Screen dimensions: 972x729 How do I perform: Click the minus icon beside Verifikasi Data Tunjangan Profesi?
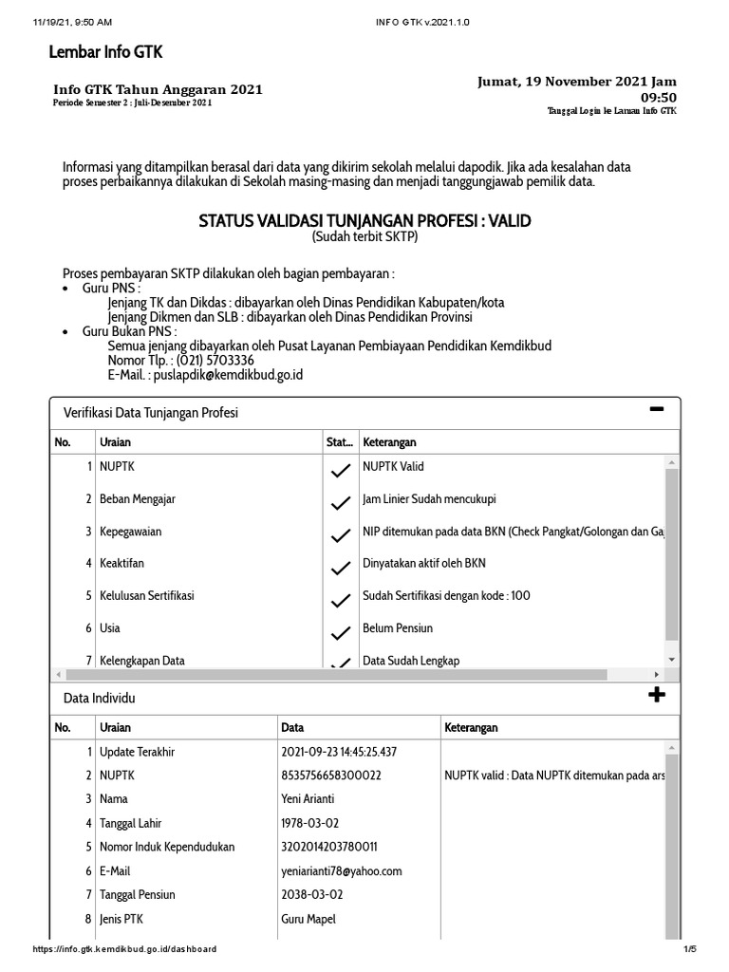pos(656,410)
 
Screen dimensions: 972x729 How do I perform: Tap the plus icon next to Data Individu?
pos(656,695)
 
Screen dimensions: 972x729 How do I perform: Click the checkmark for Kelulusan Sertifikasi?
pos(339,600)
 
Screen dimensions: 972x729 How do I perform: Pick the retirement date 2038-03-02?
pos(312,894)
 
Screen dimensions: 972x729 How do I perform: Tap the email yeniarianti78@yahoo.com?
pos(342,870)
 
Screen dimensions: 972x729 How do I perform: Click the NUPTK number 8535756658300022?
pos(331,776)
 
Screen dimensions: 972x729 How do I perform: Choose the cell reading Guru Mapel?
pos(308,918)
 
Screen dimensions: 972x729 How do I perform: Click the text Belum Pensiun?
pos(398,628)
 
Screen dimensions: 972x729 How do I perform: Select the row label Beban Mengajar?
pos(137,499)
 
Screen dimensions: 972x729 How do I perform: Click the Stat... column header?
pos(339,442)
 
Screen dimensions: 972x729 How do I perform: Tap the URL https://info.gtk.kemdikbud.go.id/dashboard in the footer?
pos(124,949)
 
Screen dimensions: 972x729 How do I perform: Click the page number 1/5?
pos(689,949)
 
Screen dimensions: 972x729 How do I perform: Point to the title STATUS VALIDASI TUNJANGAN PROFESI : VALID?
pos(364,221)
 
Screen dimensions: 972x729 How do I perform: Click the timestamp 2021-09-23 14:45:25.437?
pos(339,752)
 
